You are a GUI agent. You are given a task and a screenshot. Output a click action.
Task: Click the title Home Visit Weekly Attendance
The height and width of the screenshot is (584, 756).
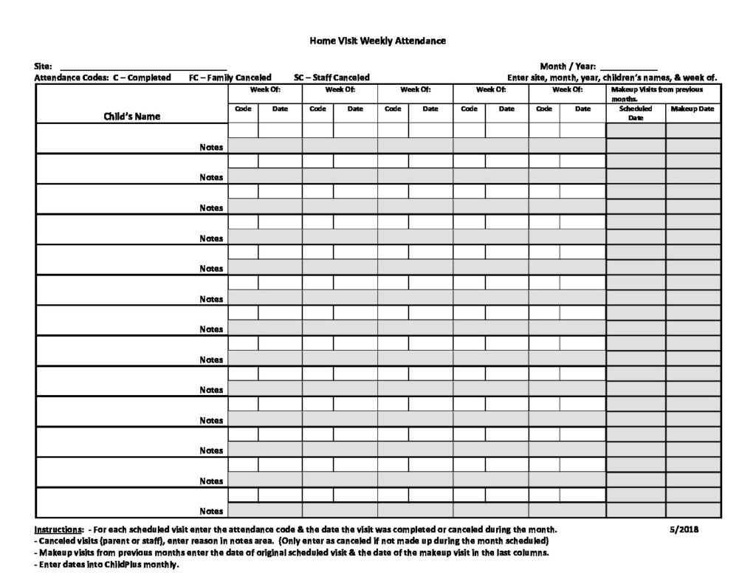point(377,41)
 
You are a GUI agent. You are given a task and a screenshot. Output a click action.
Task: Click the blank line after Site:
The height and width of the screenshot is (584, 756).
point(143,67)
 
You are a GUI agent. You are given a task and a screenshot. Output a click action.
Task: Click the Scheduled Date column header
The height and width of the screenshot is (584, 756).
point(635,112)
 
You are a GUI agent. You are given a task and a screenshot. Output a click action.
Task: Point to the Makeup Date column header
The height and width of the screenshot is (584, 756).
point(693,109)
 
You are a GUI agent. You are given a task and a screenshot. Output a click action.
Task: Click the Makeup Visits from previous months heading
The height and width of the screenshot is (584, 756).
point(657,93)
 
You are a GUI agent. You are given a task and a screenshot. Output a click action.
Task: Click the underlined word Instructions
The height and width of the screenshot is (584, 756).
point(58,530)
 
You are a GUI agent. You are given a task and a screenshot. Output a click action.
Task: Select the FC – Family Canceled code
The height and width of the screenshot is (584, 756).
point(230,78)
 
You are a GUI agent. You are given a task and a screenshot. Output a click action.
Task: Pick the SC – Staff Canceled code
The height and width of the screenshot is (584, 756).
point(331,78)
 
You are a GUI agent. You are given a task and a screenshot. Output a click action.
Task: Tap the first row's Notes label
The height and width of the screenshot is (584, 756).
point(211,147)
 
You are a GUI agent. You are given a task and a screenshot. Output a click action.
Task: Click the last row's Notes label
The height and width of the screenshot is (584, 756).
point(211,511)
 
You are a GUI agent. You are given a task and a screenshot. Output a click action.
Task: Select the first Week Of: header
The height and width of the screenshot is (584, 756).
point(265,89)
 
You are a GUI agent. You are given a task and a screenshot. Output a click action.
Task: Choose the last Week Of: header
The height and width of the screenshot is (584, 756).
point(567,89)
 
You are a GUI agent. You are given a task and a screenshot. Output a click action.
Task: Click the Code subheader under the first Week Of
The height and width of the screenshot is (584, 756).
point(243,109)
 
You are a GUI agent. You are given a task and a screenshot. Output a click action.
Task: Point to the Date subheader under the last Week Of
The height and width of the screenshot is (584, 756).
point(583,109)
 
